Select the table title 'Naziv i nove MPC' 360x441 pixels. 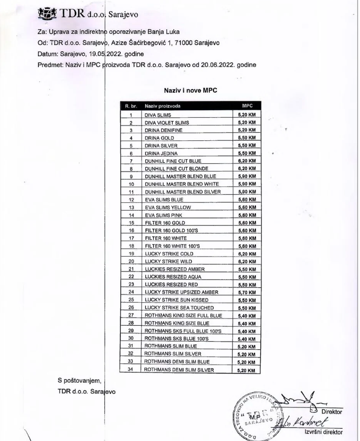tap(190, 90)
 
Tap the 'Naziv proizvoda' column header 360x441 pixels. tap(162, 107)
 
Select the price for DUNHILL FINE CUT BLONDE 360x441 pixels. tap(247, 168)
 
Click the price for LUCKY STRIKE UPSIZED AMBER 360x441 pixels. tap(247, 291)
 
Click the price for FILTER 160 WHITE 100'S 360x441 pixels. tap(247, 245)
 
